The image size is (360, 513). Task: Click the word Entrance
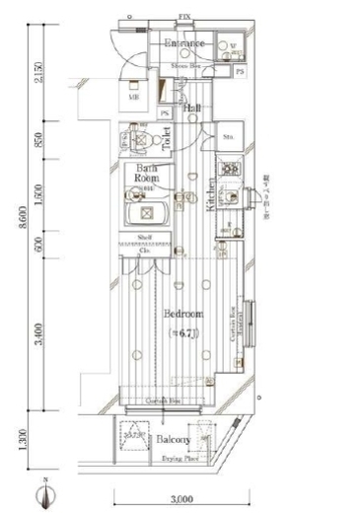click(183, 44)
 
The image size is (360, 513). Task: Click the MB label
click(133, 98)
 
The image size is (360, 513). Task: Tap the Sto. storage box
click(229, 137)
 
